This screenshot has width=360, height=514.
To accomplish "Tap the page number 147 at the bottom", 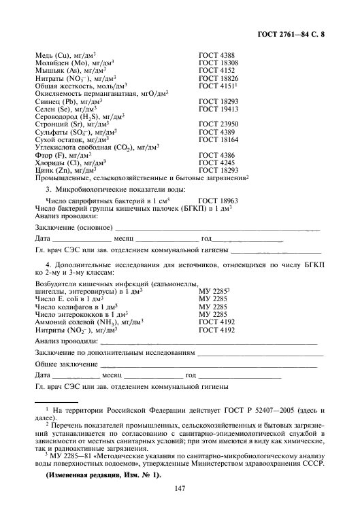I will click(180, 486).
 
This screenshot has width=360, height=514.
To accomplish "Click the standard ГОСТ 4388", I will click(217, 55).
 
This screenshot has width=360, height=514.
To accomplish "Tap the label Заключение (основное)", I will click(73, 226).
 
